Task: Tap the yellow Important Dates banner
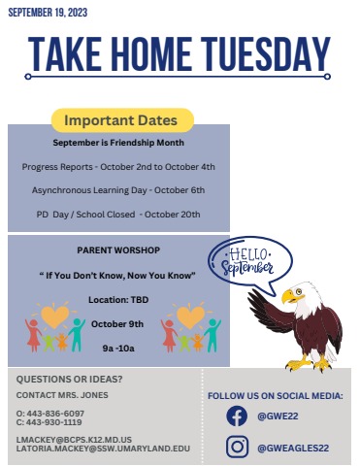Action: [120, 120]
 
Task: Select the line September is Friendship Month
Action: [118, 144]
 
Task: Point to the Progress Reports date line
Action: [118, 166]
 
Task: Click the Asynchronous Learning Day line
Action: [118, 189]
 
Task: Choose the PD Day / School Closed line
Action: [118, 213]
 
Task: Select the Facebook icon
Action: [236, 416]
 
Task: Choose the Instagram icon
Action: [236, 447]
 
